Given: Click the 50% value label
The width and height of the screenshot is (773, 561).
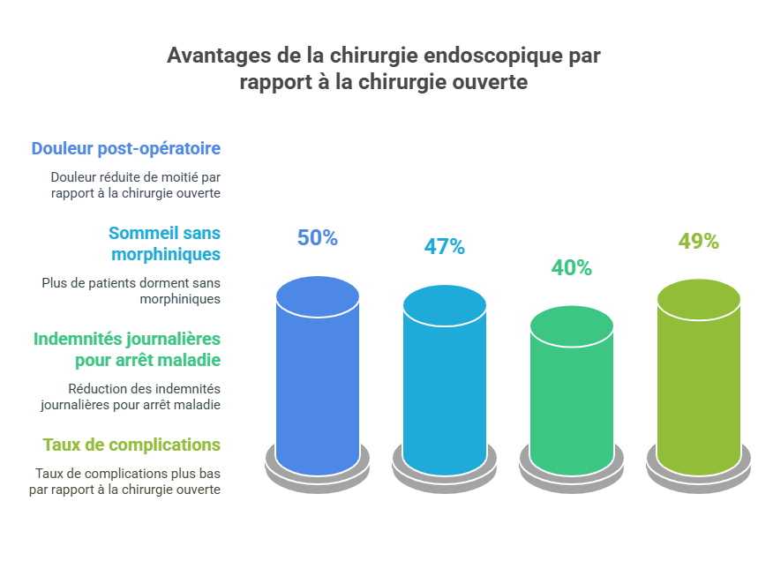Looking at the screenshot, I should pyautogui.click(x=318, y=237).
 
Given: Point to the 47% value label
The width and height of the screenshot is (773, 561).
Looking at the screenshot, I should pyautogui.click(x=445, y=246).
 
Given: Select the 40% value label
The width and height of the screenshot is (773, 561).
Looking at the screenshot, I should pyautogui.click(x=572, y=267).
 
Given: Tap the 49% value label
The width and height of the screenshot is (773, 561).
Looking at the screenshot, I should pyautogui.click(x=699, y=241).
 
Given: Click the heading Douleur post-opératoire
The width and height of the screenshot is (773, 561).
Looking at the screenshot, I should pyautogui.click(x=125, y=148).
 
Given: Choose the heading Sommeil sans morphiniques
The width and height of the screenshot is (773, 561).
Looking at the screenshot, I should pyautogui.click(x=164, y=243).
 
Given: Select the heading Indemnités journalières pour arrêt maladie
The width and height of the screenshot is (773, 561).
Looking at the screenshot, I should pyautogui.click(x=127, y=349).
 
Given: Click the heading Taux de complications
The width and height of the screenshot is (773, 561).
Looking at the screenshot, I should pyautogui.click(x=131, y=444).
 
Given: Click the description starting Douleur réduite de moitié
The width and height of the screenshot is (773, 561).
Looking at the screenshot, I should pyautogui.click(x=135, y=184).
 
